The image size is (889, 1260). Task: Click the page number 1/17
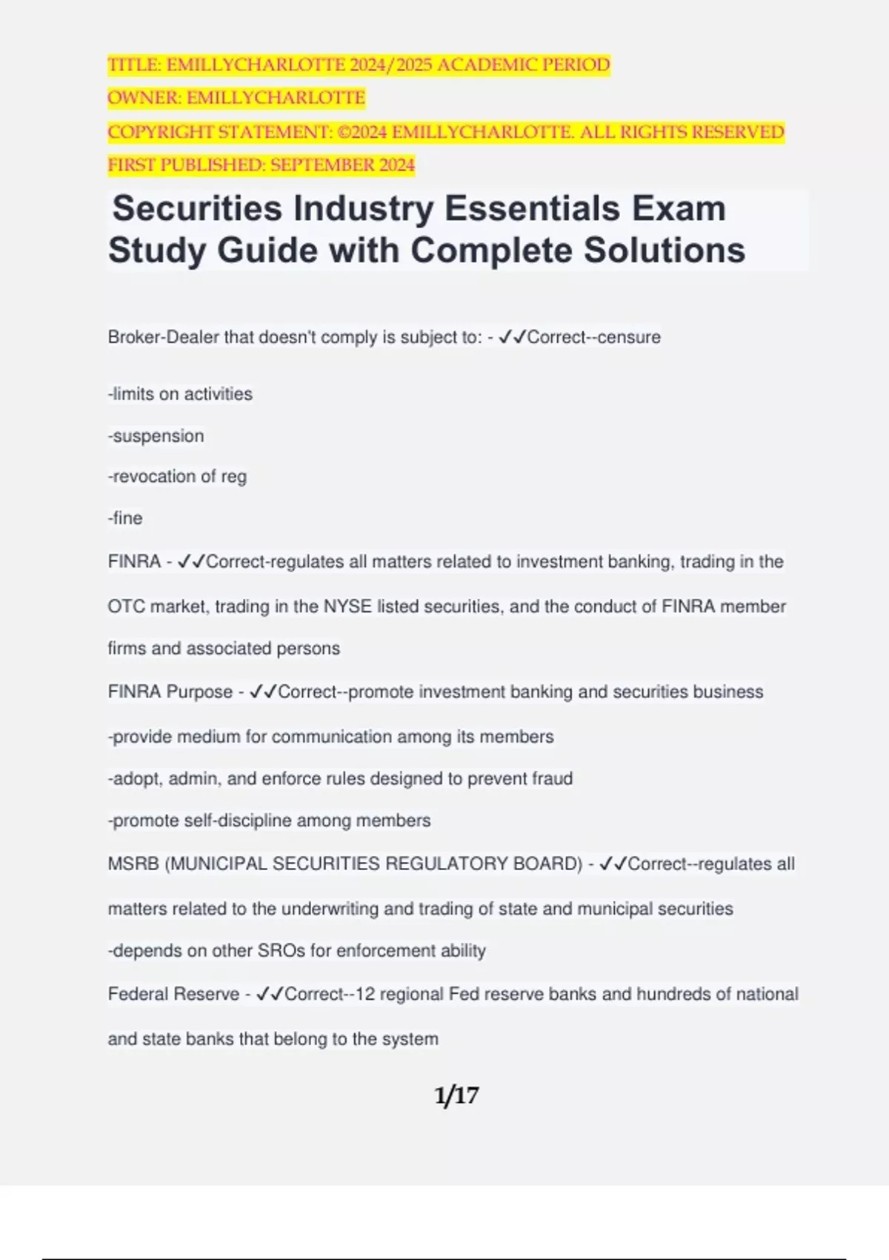456,1095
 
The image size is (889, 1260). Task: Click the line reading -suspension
156,436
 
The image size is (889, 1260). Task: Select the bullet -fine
125,518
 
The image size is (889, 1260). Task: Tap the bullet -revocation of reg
177,476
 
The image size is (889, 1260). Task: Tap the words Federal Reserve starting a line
173,994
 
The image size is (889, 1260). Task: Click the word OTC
126,606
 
